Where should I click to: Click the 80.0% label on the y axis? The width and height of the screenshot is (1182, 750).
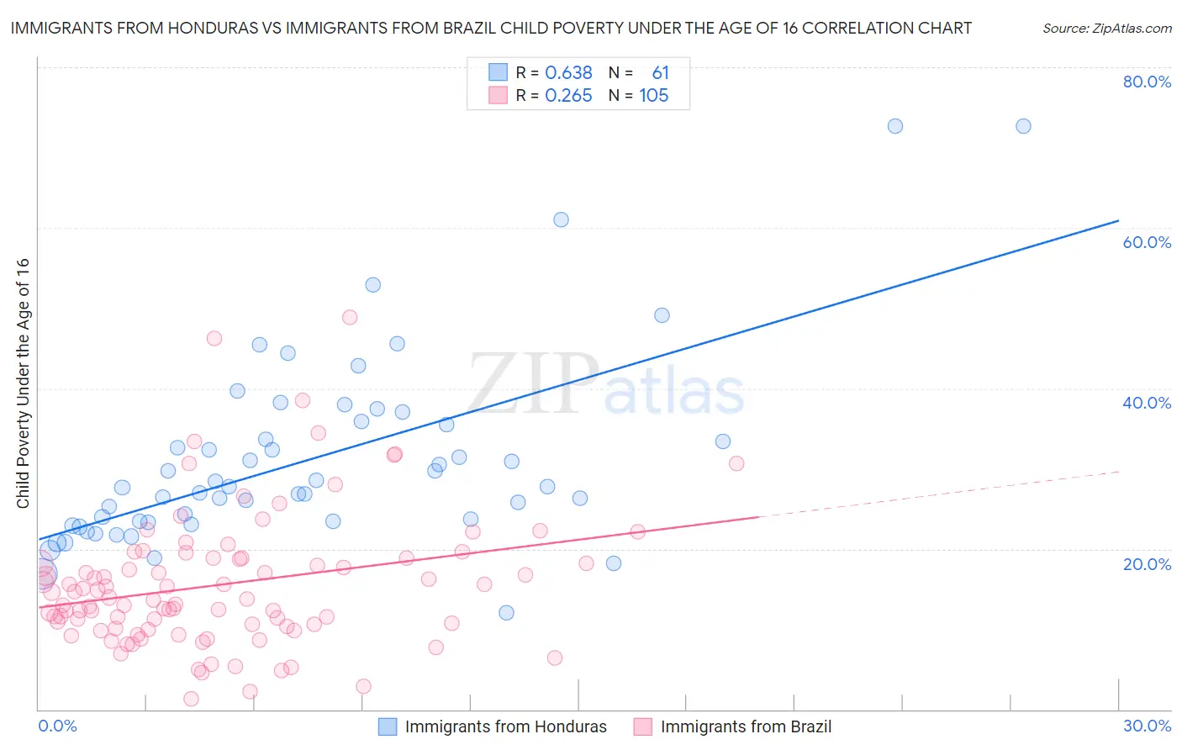[1147, 82]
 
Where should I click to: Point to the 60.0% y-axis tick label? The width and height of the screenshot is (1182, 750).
[1147, 242]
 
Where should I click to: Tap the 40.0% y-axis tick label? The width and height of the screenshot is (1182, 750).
[1147, 403]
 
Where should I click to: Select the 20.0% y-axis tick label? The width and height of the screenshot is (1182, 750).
[1147, 563]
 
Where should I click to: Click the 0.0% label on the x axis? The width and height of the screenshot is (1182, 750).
[57, 726]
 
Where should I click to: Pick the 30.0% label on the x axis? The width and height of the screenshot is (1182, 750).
[1147, 726]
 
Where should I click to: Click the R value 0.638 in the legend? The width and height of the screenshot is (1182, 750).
[568, 73]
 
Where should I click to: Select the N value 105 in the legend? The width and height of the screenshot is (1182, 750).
[653, 96]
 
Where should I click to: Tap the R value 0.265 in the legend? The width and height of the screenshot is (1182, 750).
[568, 96]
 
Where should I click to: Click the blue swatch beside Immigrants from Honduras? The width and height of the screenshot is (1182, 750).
[388, 726]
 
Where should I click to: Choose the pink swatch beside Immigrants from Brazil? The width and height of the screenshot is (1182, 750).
[643, 726]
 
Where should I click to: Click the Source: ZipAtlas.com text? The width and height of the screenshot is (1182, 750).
[1106, 28]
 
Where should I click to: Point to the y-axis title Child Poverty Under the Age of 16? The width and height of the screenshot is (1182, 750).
[24, 383]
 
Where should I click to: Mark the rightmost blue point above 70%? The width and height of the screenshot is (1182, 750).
[1023, 126]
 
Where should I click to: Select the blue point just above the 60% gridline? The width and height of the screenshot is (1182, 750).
[561, 219]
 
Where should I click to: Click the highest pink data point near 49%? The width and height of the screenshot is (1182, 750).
[350, 317]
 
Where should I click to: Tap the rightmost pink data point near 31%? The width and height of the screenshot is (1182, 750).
[736, 463]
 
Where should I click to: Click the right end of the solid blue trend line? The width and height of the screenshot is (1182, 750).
[1118, 220]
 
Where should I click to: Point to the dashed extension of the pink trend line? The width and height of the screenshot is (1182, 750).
[942, 494]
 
